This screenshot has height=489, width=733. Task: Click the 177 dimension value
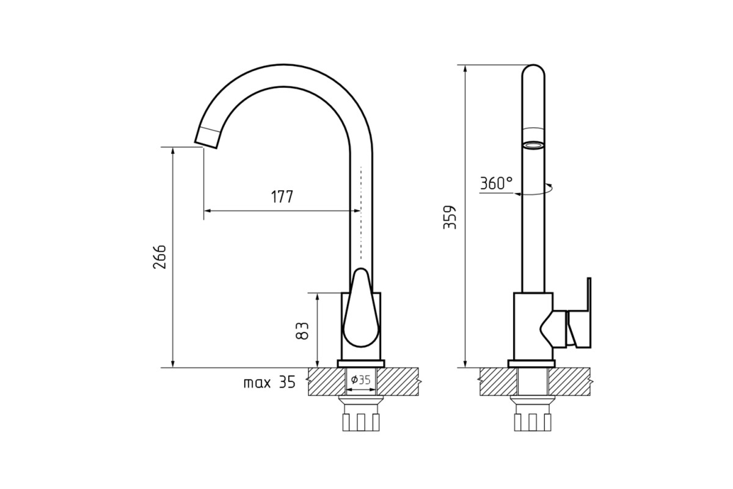[282, 197]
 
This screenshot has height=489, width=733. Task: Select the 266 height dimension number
[159, 257]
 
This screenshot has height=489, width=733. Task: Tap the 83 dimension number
[302, 331]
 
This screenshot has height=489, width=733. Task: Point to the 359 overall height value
[450, 218]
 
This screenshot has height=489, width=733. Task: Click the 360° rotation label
[497, 183]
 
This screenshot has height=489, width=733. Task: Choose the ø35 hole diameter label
[360, 380]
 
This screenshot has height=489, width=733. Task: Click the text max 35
[269, 382]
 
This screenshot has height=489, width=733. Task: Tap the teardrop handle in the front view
[361, 308]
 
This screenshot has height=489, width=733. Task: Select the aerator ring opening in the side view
[533, 145]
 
